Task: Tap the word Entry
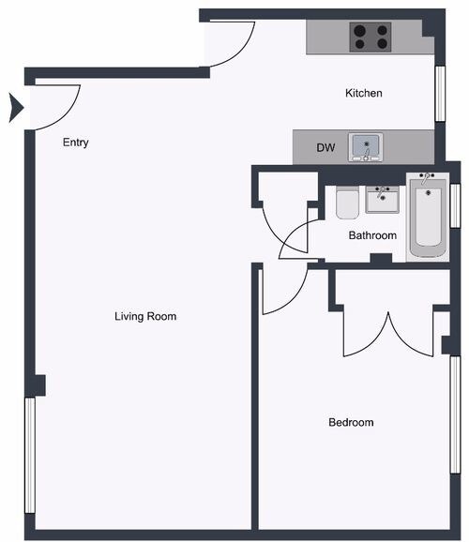click(x=76, y=143)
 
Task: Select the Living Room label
click(x=145, y=316)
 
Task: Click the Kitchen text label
click(x=364, y=93)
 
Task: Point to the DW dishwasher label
click(x=325, y=147)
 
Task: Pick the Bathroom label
click(x=372, y=235)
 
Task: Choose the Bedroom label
click(x=351, y=422)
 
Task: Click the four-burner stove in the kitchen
click(x=371, y=38)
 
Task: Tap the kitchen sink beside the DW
click(x=367, y=146)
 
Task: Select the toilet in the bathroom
click(x=346, y=203)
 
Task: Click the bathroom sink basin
click(x=382, y=200)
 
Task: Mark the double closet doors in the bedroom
click(x=386, y=333)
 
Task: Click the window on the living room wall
click(x=30, y=455)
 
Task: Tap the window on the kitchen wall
click(x=439, y=94)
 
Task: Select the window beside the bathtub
click(x=455, y=206)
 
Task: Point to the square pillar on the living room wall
click(x=39, y=384)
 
